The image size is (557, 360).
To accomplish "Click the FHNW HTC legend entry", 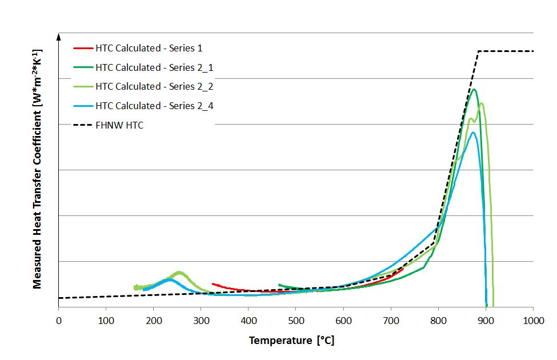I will [119, 125].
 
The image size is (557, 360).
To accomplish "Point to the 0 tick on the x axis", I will [58, 322].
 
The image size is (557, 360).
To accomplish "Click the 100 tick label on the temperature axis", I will [106, 322].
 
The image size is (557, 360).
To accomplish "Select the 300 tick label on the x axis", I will [201, 322].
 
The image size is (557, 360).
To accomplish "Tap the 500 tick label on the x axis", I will [295, 322].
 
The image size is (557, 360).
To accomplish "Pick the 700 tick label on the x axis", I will [391, 322].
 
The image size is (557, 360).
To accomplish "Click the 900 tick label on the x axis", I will [486, 322].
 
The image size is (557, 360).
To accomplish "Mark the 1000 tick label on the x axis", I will [533, 322].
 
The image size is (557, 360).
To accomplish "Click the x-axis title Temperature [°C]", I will [291, 341].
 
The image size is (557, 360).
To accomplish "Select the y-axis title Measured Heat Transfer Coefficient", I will [37, 169].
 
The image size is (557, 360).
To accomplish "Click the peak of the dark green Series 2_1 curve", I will [474, 89].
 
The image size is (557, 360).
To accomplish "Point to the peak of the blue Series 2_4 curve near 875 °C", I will [473, 133].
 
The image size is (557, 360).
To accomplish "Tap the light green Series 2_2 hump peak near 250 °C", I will [179, 272].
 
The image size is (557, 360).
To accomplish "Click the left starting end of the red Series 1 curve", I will [213, 283].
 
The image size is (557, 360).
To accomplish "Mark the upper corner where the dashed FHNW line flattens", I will [478, 51].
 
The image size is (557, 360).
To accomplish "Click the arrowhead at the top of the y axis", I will [58, 36].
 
